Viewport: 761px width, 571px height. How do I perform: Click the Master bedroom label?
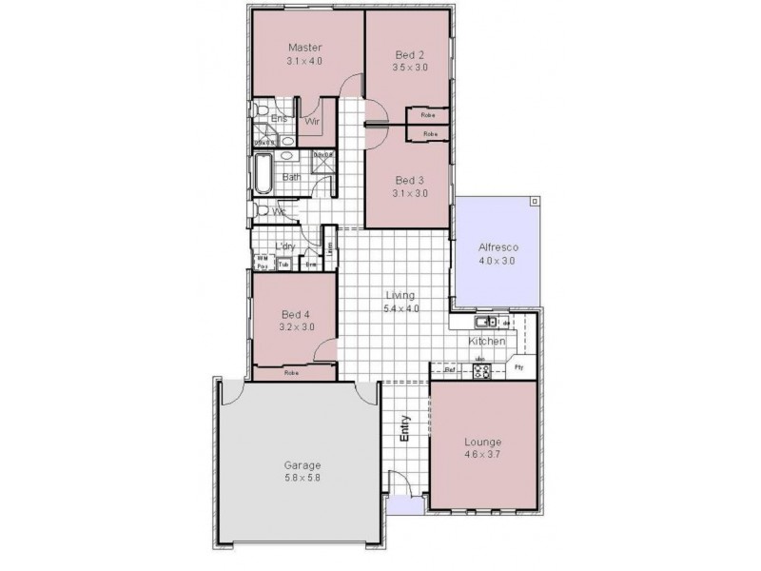click(305, 47)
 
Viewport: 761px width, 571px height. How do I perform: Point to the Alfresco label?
click(496, 247)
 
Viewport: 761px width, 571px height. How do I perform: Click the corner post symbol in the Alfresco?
click(535, 202)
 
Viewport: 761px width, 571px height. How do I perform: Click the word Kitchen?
click(486, 341)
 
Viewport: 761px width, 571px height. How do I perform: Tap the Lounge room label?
click(482, 443)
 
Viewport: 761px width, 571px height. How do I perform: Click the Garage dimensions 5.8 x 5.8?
click(302, 478)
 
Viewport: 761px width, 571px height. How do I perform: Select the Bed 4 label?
click(296, 314)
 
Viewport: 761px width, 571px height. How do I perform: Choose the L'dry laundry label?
click(284, 246)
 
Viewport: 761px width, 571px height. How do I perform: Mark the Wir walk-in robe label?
click(311, 122)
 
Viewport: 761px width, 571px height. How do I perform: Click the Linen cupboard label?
click(330, 248)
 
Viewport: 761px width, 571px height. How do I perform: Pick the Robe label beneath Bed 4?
click(293, 373)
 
